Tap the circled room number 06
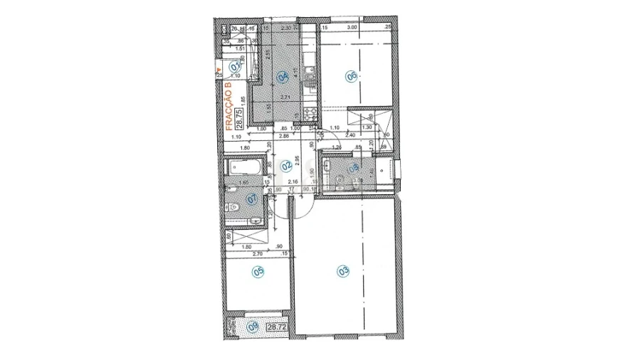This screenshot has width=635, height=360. point(350,77)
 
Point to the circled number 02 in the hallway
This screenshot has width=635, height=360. point(286,166)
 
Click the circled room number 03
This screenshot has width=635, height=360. point(343,270)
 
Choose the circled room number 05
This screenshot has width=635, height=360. point(258,271)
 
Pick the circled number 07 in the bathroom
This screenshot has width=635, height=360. point(251,199)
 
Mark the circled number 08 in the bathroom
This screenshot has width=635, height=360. point(352,168)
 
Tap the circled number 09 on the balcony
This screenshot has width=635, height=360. point(253,327)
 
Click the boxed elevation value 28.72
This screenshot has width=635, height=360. point(276,327)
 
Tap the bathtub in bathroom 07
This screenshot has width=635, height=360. point(244,169)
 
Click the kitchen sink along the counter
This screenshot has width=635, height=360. point(309,70)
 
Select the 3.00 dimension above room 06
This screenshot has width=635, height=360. point(351,28)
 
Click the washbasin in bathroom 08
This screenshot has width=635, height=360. point(327,166)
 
